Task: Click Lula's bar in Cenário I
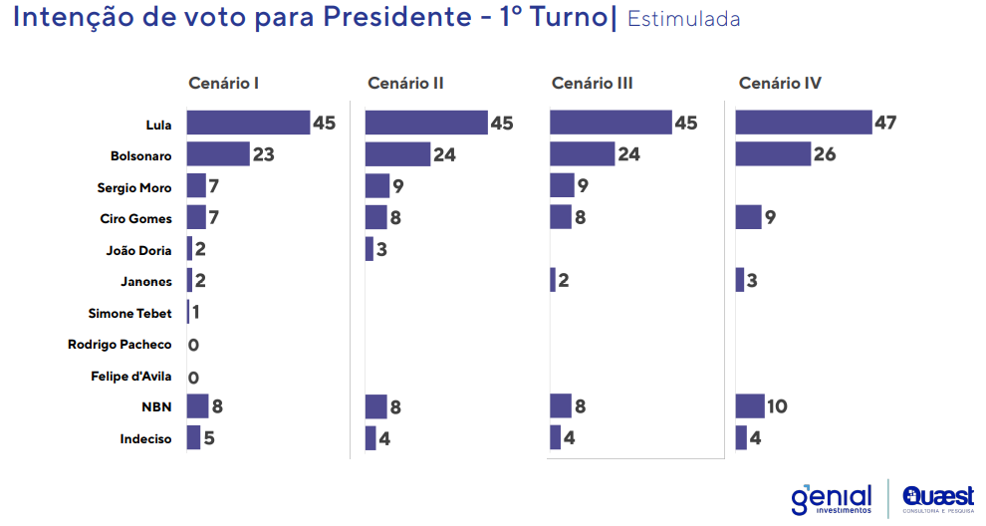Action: pyautogui.click(x=248, y=123)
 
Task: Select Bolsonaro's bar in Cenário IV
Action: pyautogui.click(x=773, y=154)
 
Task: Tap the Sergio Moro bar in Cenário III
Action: pyautogui.click(x=562, y=185)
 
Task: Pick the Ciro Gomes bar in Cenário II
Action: pyautogui.click(x=375, y=217)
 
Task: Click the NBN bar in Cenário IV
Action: pyautogui.click(x=749, y=406)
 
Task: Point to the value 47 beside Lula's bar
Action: pyautogui.click(x=885, y=124)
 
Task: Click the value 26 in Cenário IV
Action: pyautogui.click(x=824, y=154)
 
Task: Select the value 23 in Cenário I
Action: pyautogui.click(x=263, y=154)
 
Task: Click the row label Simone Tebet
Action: pyautogui.click(x=129, y=313)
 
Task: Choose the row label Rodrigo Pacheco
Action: pyautogui.click(x=120, y=345)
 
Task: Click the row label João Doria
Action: pyautogui.click(x=138, y=250)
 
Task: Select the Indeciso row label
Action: pyautogui.click(x=145, y=438)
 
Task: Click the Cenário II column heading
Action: pyautogui.click(x=405, y=84)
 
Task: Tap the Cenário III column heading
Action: pyautogui.click(x=592, y=84)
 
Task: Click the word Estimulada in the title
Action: pyautogui.click(x=683, y=20)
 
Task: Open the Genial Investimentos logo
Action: pyautogui.click(x=832, y=498)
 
